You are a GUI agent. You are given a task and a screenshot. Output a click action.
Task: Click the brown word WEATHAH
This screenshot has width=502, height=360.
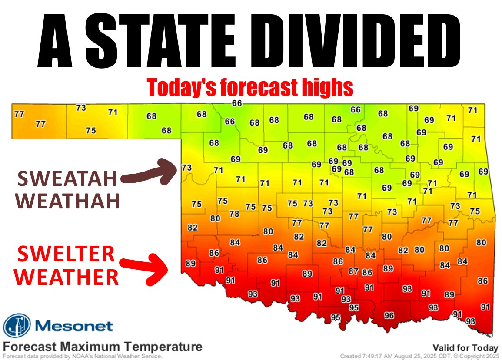70,201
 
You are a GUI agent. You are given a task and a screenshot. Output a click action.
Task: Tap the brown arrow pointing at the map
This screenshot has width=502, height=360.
150,173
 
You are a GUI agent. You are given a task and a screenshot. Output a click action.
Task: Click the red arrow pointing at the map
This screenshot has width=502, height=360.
146,268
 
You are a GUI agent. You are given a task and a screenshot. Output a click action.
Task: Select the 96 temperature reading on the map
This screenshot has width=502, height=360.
389,316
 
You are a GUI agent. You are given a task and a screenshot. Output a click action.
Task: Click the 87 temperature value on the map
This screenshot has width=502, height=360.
353,271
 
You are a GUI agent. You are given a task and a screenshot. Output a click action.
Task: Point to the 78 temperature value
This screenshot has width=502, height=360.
234,214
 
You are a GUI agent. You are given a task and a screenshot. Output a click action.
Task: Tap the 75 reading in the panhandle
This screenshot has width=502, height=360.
91,130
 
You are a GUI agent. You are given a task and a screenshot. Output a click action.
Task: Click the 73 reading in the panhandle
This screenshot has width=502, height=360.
81,108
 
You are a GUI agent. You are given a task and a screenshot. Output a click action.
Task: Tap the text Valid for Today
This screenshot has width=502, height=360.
465,347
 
